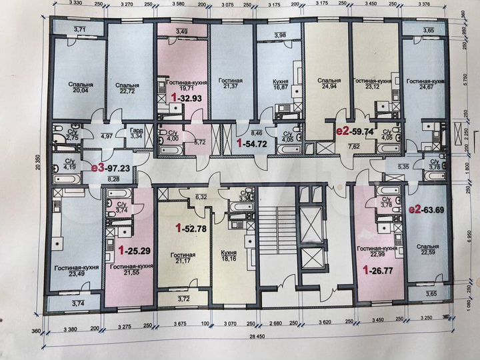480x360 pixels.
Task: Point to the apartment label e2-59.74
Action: [x=353, y=132]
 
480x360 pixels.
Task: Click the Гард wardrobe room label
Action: [x=136, y=131]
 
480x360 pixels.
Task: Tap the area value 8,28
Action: [x=113, y=179]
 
